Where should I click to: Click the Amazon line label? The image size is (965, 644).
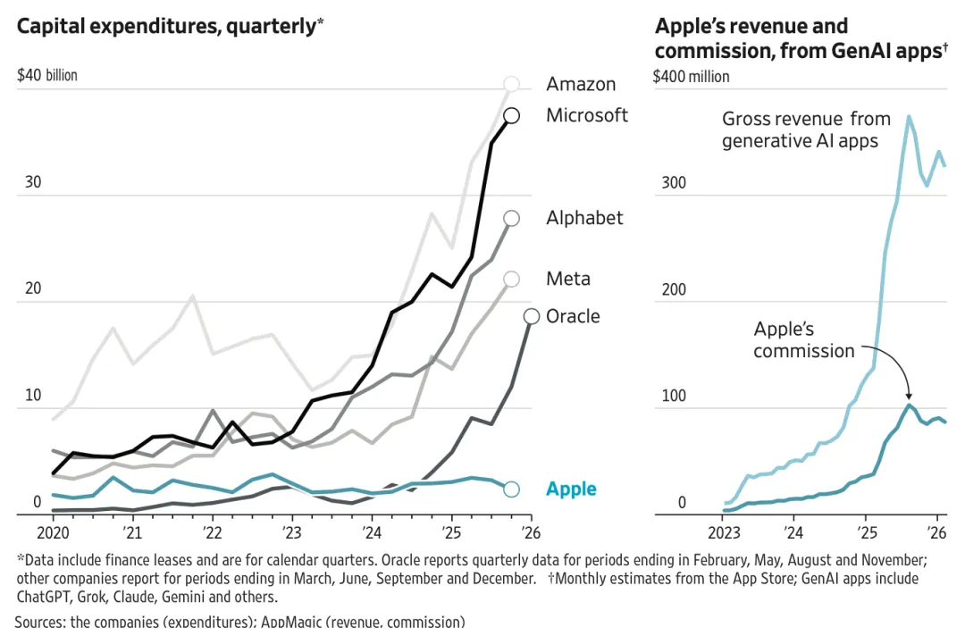point(581,85)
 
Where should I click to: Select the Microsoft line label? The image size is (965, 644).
point(587,115)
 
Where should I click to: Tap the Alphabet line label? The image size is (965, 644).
point(584,218)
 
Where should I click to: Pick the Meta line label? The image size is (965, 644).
point(568,279)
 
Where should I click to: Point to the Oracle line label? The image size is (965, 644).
point(573,316)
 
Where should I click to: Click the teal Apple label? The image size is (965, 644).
point(571,489)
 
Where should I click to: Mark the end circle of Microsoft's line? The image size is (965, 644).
point(512,115)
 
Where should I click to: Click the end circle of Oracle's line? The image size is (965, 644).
point(531,316)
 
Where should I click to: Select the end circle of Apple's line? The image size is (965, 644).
point(511,489)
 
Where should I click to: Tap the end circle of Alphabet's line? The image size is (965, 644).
point(512,218)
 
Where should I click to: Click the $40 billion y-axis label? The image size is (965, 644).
point(46,75)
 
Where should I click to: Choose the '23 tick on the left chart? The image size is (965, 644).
point(291,532)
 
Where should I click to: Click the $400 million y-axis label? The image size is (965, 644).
point(692,76)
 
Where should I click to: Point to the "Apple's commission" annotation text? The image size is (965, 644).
point(803,340)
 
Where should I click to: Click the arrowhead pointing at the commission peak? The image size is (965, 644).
point(909,397)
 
